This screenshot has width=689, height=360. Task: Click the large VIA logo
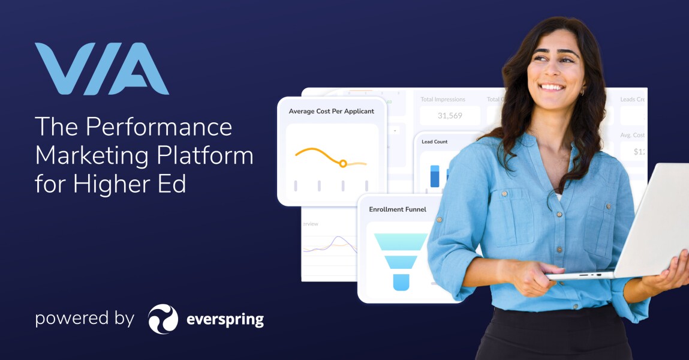pyautogui.click(x=101, y=68)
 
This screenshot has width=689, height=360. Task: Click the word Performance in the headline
pyautogui.click(x=159, y=127)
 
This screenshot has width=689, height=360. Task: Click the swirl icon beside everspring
pyautogui.click(x=163, y=319)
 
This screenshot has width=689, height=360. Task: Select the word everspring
pyautogui.click(x=224, y=319)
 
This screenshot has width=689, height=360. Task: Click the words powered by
pyautogui.click(x=84, y=318)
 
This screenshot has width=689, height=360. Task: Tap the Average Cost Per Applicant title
pyautogui.click(x=331, y=111)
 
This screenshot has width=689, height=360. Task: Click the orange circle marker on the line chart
pyautogui.click(x=343, y=163)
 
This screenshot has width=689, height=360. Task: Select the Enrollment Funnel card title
pyautogui.click(x=398, y=209)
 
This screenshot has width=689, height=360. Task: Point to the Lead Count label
pyautogui.click(x=434, y=142)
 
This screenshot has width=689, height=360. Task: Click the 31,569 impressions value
pyautogui.click(x=450, y=116)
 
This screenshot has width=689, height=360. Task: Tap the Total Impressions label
pyautogui.click(x=443, y=100)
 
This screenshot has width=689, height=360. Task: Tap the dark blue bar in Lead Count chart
pyautogui.click(x=435, y=176)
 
